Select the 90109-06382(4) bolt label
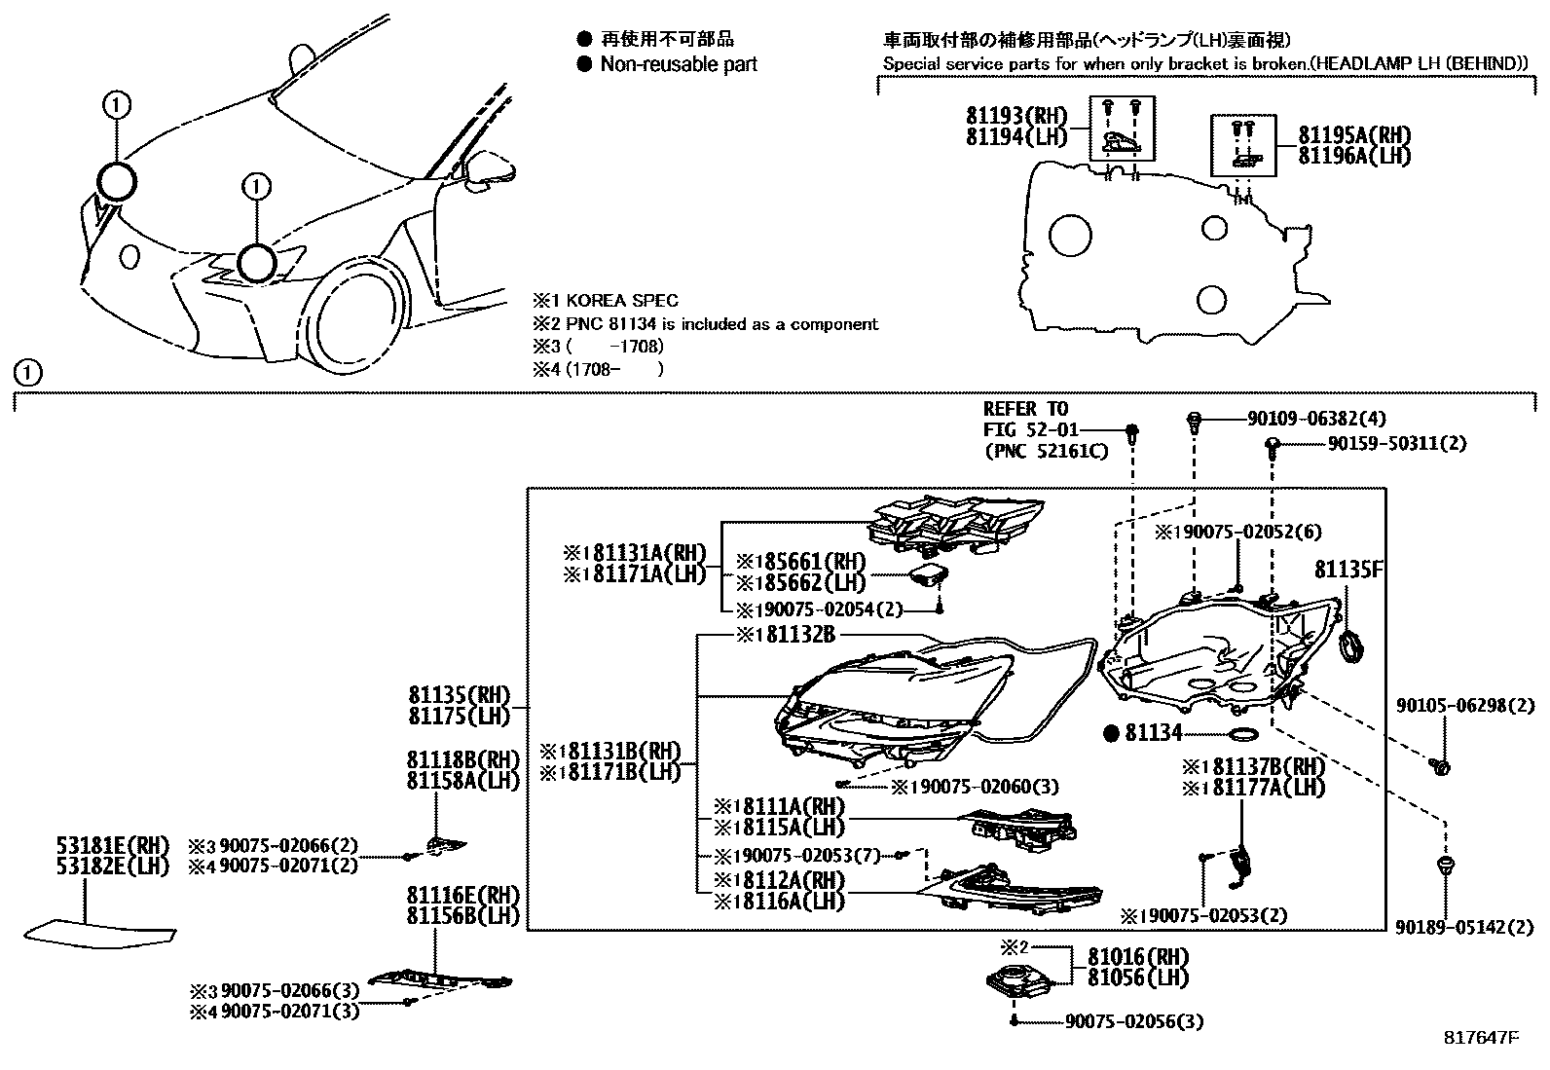coord(1316,419)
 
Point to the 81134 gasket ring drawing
coord(1245,734)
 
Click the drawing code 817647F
coord(1481,1038)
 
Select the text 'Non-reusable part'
coord(679,65)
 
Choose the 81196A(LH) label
coord(1354,156)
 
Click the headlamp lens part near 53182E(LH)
coord(100,932)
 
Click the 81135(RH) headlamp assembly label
coord(460,695)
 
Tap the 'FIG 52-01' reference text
coord(1024,429)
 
